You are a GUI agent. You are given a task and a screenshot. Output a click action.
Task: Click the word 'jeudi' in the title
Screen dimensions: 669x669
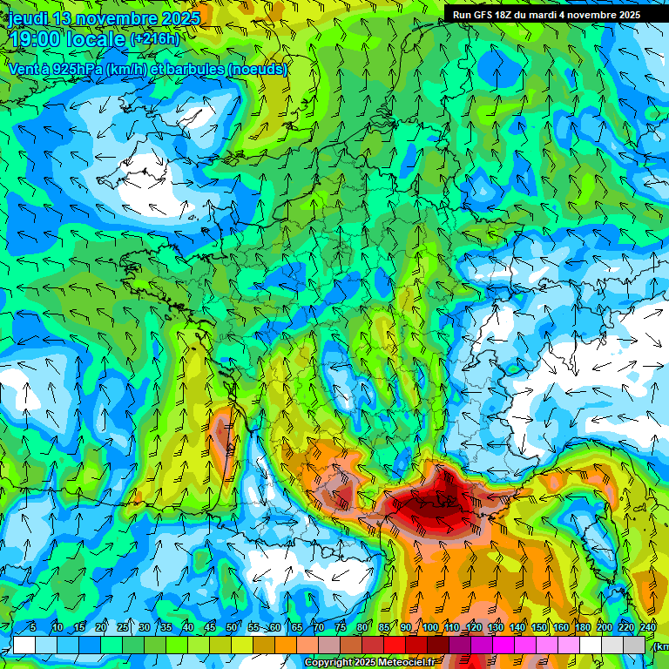pos(27,18)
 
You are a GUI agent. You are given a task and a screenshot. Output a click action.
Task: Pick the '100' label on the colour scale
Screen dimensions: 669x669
pos(430,628)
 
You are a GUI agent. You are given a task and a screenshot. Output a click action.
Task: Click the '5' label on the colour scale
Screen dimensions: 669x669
pos(33,628)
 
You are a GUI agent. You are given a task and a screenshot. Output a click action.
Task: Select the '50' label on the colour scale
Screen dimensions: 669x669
pos(232,628)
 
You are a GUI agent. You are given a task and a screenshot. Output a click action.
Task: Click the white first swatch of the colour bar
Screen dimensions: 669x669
pos(24,645)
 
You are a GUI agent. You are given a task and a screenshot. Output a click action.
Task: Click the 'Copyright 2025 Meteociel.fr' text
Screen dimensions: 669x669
pos(369,663)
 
